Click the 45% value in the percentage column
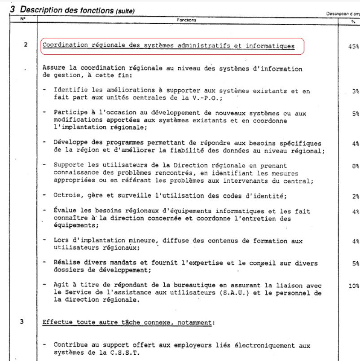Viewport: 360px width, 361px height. (353, 46)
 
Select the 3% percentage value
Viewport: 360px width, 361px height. (355, 91)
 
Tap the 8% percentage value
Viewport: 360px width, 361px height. (355, 166)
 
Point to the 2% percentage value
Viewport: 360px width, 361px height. (355, 196)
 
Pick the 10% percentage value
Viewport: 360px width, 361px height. (353, 286)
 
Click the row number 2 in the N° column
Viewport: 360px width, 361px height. (26, 45)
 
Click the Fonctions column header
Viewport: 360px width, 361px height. (186, 20)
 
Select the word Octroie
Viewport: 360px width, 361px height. (66, 195)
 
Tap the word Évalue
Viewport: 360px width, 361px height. (65, 211)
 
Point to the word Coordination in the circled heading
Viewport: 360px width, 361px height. (65, 46)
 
